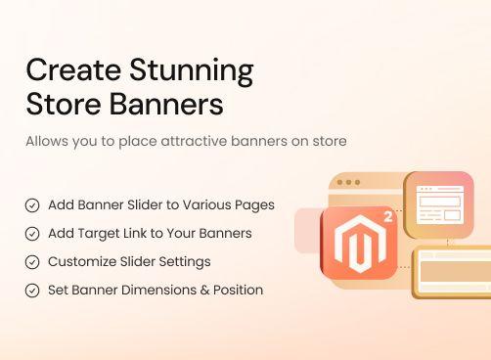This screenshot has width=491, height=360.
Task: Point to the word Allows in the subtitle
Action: coord(48,142)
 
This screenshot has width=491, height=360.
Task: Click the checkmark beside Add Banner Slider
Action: coord(32,205)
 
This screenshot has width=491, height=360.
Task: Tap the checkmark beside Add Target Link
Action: coord(32,234)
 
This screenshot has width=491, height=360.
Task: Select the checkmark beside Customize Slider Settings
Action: coord(32,262)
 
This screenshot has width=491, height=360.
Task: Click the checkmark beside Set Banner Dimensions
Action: coord(32,291)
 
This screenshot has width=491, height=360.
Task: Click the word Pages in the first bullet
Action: coord(253,205)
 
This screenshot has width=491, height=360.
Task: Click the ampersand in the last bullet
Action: coord(203,291)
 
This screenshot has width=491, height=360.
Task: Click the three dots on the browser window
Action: coord(347,183)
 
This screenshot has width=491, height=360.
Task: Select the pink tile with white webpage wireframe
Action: coord(439,203)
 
